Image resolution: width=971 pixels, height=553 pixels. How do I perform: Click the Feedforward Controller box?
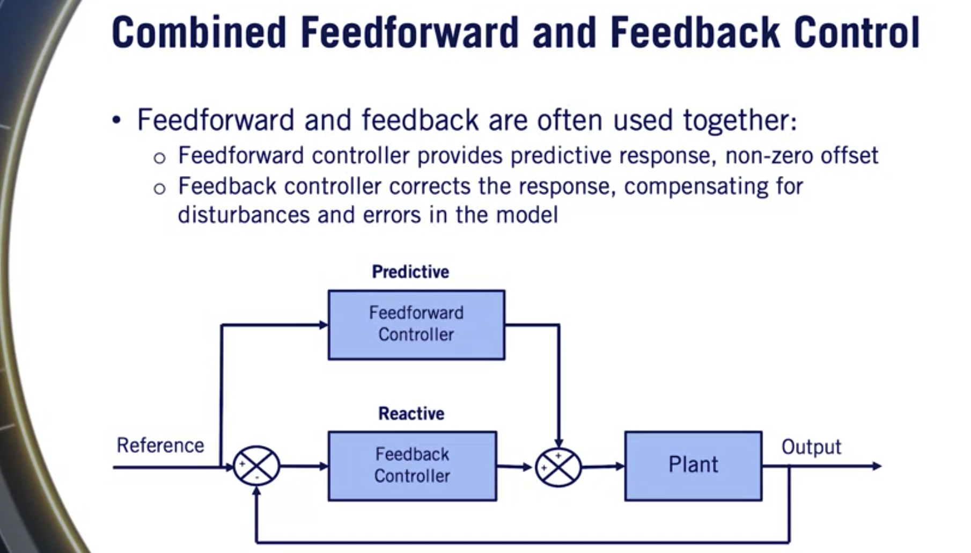(416, 325)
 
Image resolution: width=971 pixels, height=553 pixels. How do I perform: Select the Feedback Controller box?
(412, 465)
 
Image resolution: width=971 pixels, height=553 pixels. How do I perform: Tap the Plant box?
(693, 465)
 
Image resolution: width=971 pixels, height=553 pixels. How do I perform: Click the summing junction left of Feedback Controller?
(256, 466)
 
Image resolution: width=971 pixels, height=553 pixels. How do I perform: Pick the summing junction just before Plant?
(558, 467)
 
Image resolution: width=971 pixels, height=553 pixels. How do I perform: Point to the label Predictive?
(410, 272)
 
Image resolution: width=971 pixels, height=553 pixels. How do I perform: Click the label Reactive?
(411, 413)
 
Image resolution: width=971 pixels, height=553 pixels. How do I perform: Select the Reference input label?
(160, 446)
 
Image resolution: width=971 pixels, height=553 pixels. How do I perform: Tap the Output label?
(811, 447)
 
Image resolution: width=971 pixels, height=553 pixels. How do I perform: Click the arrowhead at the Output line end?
(877, 466)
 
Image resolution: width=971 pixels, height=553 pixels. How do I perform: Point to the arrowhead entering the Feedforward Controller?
(323, 325)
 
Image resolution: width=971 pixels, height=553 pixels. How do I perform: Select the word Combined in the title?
(198, 33)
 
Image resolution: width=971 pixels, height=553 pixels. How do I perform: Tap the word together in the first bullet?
(739, 120)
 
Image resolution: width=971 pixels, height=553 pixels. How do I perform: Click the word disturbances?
(244, 215)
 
